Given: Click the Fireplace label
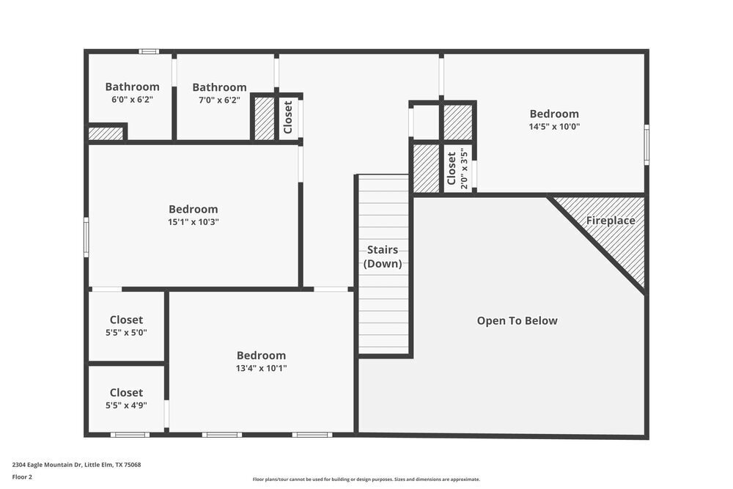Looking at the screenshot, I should click(x=611, y=221).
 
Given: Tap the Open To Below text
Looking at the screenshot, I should click(x=517, y=321).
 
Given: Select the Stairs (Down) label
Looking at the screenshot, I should click(x=383, y=257).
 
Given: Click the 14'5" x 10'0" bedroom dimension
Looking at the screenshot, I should click(x=554, y=127).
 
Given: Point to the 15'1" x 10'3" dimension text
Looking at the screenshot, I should click(x=193, y=222).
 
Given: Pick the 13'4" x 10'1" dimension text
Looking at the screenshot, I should click(x=261, y=369).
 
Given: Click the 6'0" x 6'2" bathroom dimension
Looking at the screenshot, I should click(x=132, y=100).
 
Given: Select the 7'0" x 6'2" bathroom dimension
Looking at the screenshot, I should click(x=219, y=100).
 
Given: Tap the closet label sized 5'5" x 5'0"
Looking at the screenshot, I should click(x=126, y=320).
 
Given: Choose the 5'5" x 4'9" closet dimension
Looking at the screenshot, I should click(x=126, y=405).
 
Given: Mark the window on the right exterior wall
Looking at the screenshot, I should click(x=647, y=144).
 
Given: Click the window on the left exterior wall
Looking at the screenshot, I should click(x=86, y=237).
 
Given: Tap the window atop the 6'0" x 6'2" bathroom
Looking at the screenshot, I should click(x=149, y=51).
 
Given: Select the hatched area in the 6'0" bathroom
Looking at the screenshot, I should click(x=106, y=133).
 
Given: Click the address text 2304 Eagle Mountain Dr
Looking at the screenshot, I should click(x=76, y=465).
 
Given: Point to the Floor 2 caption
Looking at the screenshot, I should click(x=22, y=477).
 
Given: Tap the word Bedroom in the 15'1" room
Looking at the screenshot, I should click(x=193, y=210).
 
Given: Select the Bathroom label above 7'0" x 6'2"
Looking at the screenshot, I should click(x=219, y=87).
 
